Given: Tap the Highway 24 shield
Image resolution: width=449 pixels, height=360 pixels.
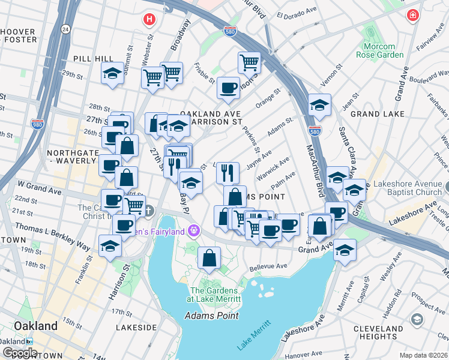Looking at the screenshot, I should click(x=65, y=29).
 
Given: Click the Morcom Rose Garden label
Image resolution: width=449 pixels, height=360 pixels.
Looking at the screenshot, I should click(x=379, y=50).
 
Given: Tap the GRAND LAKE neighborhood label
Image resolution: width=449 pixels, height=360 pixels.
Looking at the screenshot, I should click(x=373, y=113).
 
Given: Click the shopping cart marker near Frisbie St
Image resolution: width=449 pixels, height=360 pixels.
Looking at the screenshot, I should click(x=249, y=61).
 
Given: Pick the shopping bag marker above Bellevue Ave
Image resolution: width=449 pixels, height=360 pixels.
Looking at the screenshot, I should click(x=208, y=258).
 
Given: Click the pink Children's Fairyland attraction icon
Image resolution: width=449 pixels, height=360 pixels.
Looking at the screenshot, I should click(x=194, y=230).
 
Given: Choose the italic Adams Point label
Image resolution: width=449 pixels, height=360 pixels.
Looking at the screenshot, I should click(x=211, y=316).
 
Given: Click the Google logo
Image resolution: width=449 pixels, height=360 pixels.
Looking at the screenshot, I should click(x=20, y=353).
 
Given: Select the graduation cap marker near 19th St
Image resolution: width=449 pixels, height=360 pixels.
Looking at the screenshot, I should click(x=110, y=246).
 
